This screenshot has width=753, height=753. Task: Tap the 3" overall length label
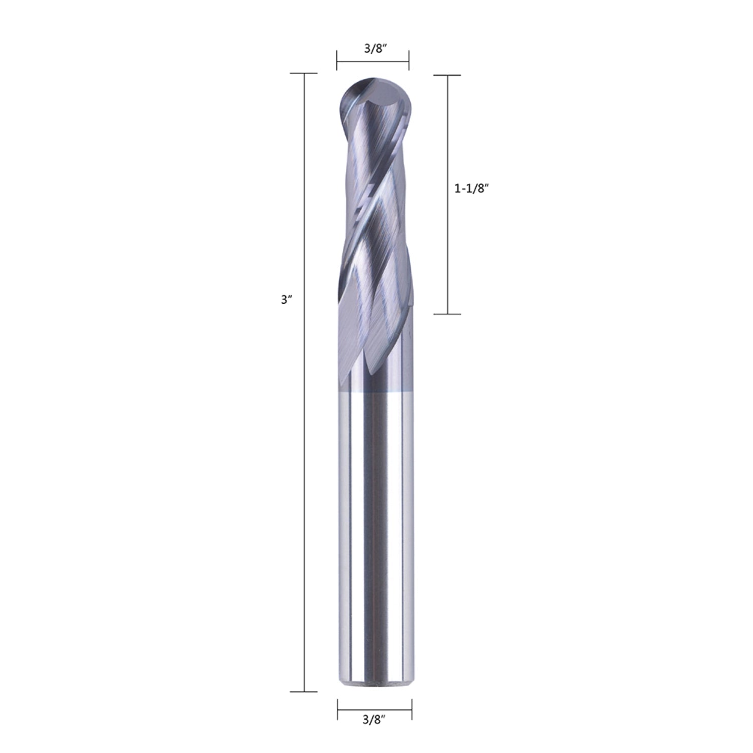click(x=286, y=300)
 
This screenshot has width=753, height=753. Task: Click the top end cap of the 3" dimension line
click(x=304, y=73)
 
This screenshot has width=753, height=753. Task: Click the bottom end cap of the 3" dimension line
click(x=304, y=692)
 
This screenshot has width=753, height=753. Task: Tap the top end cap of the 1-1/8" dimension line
click(x=447, y=75)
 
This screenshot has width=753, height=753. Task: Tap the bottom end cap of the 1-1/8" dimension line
click(x=447, y=314)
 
